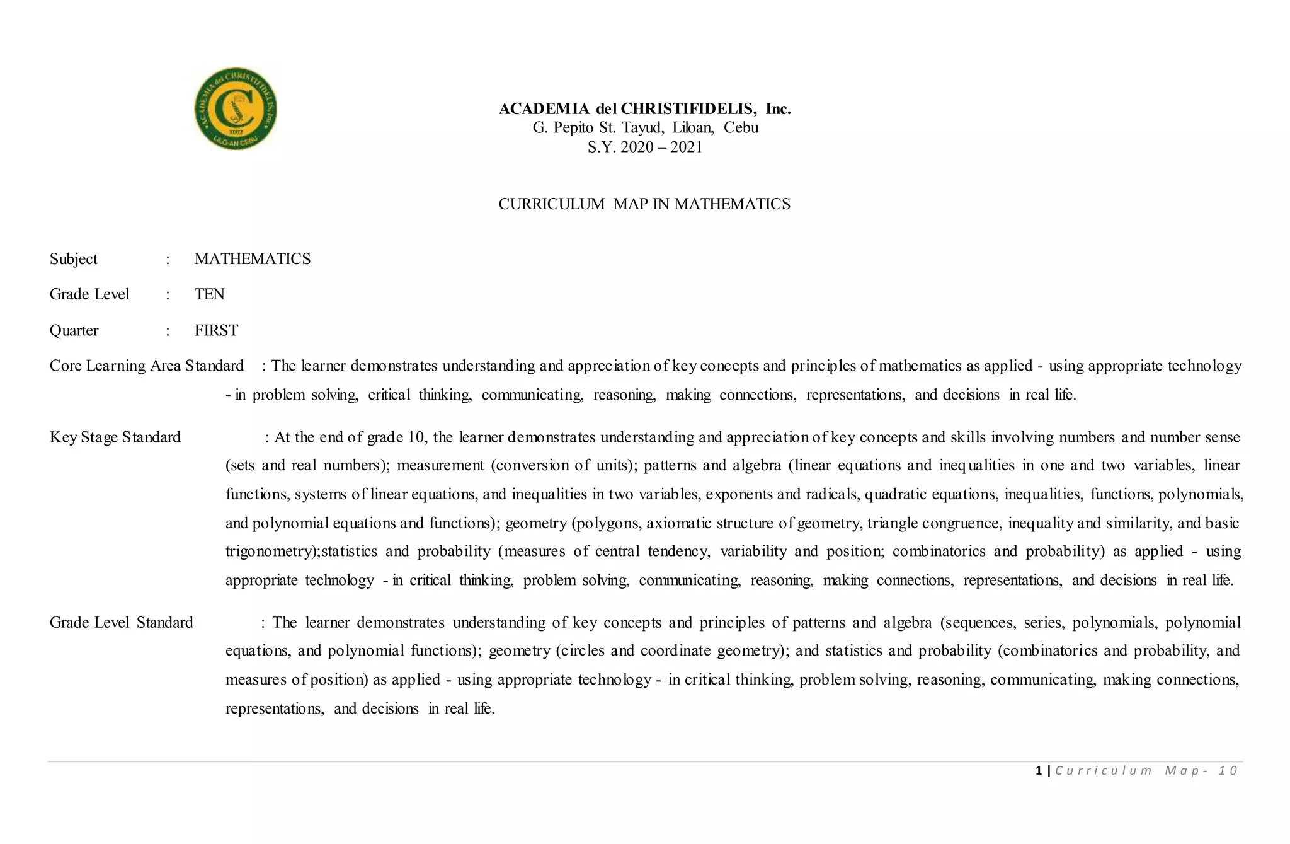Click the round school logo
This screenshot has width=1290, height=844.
pos(236,109)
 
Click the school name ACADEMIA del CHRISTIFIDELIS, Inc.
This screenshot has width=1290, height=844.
pos(644,109)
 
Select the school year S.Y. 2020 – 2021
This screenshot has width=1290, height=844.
pos(644,147)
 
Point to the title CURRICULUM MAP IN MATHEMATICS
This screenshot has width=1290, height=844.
pos(644,204)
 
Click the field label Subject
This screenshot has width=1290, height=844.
pos(74,259)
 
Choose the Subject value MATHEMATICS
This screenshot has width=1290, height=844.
pos(253,259)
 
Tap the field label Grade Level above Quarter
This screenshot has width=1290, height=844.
pos(89,294)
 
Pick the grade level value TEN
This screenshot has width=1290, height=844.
pos(209,294)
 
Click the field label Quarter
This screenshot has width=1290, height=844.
pos(74,330)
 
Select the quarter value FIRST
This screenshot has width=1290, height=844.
pos(216,330)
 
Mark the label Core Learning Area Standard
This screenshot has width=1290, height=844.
pos(147,366)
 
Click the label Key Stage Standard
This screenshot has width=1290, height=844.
pos(115,437)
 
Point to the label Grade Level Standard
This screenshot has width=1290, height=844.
pos(122,623)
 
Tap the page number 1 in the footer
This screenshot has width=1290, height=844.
pos(1038,770)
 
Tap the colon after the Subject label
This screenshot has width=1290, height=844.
pos(168,259)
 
